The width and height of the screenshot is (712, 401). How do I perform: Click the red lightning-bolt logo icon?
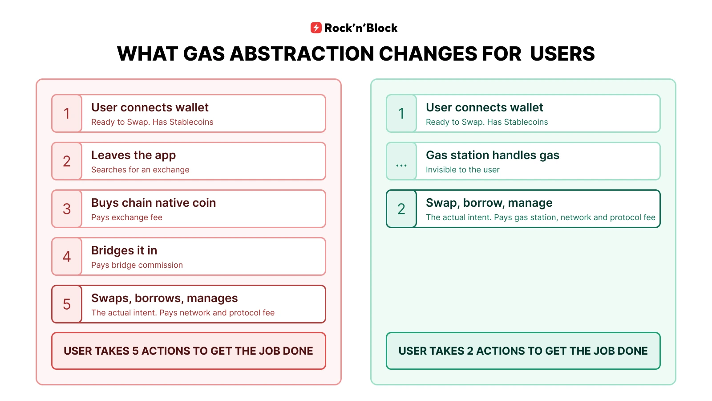tap(316, 28)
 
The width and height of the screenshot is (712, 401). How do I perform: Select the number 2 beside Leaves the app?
tap(67, 161)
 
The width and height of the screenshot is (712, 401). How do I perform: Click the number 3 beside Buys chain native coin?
tap(67, 209)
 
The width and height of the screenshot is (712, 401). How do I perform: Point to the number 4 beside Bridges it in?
tap(67, 257)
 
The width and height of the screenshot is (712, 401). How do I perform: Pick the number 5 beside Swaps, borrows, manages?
tap(67, 304)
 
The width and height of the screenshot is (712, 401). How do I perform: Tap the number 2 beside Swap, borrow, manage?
tap(401, 209)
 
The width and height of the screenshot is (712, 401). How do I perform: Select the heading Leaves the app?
tap(133, 155)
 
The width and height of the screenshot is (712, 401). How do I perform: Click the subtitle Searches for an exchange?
tap(140, 170)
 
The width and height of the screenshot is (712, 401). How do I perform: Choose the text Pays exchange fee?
tap(127, 217)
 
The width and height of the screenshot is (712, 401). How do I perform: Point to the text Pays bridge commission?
tap(137, 265)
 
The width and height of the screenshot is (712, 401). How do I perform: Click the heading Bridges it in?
tap(124, 250)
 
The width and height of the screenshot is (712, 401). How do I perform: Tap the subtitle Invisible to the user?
tap(462, 170)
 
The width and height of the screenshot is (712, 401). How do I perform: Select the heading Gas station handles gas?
tap(493, 155)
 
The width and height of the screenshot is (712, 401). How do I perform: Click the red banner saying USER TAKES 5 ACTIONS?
tap(189, 351)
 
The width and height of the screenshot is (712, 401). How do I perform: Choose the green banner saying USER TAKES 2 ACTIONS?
tap(523, 351)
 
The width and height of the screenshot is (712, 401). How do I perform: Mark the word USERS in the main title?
tap(562, 54)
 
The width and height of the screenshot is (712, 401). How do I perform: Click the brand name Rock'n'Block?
tap(361, 28)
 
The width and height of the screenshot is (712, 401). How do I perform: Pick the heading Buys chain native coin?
tap(154, 203)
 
